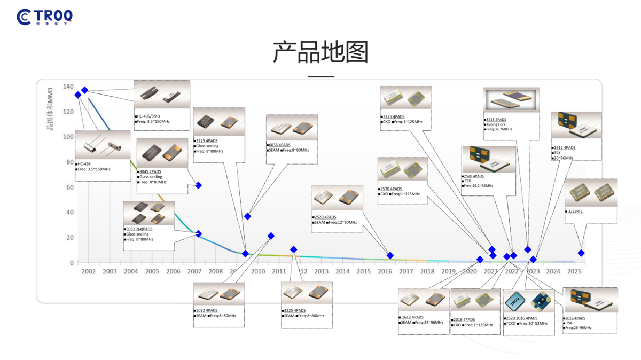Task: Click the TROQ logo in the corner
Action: pyautogui.click(x=45, y=17)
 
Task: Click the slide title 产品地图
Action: pyautogui.click(x=320, y=52)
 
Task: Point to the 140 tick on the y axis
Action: pyautogui.click(x=68, y=87)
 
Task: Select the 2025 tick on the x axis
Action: pyautogui.click(x=574, y=271)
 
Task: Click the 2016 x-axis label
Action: pyautogui.click(x=385, y=271)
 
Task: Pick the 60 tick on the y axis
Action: pyautogui.click(x=69, y=187)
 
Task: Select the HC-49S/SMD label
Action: pyautogui.click(x=148, y=116)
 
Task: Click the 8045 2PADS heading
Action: pyautogui.click(x=150, y=172)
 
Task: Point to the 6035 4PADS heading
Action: pyautogui.click(x=279, y=145)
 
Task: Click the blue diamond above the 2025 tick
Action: pyautogui.click(x=581, y=253)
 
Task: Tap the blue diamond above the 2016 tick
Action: pyautogui.click(x=390, y=256)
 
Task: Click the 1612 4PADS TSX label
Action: pyautogui.click(x=565, y=148)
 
